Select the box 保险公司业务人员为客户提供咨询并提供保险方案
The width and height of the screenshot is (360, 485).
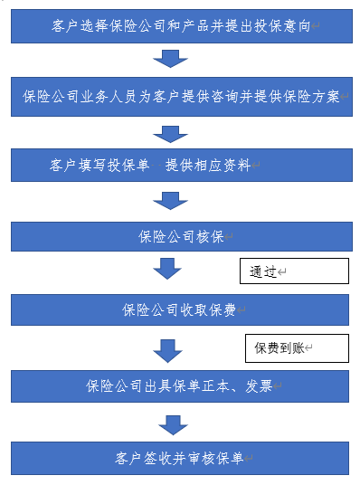tap(180, 96)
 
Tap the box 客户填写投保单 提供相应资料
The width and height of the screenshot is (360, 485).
tap(180, 166)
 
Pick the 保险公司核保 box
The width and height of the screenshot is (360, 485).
tap(180, 236)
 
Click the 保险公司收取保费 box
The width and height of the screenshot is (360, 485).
tap(180, 309)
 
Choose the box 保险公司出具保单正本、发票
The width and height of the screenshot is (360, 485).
tap(180, 385)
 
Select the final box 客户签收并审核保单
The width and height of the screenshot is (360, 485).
tap(180, 457)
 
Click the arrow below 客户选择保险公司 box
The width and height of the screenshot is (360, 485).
tap(169, 59)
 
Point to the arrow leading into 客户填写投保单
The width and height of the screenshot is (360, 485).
tap(169, 132)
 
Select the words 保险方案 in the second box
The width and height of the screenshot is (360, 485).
tap(311, 97)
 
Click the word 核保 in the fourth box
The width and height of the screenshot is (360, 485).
tap(209, 237)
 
